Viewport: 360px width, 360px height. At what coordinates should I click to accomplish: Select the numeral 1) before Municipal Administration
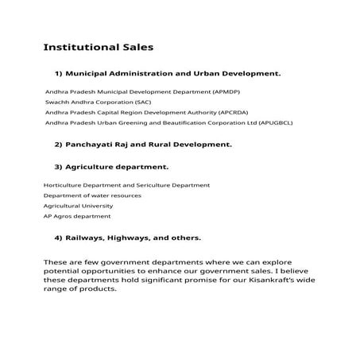coord(58,73)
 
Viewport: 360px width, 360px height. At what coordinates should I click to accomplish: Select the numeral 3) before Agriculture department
coord(58,167)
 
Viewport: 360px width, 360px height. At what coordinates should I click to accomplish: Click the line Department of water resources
coord(92,195)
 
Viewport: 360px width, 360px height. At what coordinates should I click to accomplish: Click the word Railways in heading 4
coord(86,238)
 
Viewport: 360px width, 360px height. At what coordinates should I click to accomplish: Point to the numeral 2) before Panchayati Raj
coord(58,145)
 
